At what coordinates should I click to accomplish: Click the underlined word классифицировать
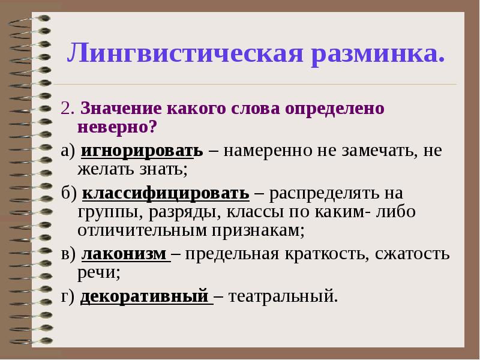pos(166,193)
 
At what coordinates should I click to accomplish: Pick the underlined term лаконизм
pos(124,254)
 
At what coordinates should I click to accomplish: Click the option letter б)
pos(68,193)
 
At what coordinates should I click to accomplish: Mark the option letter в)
pos(68,254)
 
